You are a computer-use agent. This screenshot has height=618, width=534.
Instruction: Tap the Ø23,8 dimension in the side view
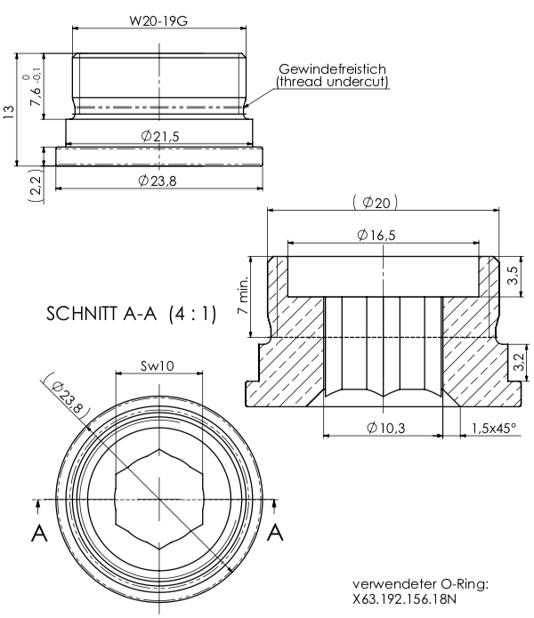tap(160, 180)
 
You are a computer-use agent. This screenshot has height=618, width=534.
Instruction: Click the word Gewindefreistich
tap(332, 68)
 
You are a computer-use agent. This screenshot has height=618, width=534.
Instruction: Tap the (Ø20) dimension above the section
tap(375, 203)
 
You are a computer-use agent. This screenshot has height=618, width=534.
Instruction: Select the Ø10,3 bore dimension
tap(385, 428)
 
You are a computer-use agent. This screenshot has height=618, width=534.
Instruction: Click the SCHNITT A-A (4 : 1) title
tap(130, 314)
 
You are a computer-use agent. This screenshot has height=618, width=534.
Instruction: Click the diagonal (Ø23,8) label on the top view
tap(69, 396)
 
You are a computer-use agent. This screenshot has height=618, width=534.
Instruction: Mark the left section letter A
tap(39, 533)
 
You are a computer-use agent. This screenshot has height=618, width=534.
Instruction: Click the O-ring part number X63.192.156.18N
tap(406, 599)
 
